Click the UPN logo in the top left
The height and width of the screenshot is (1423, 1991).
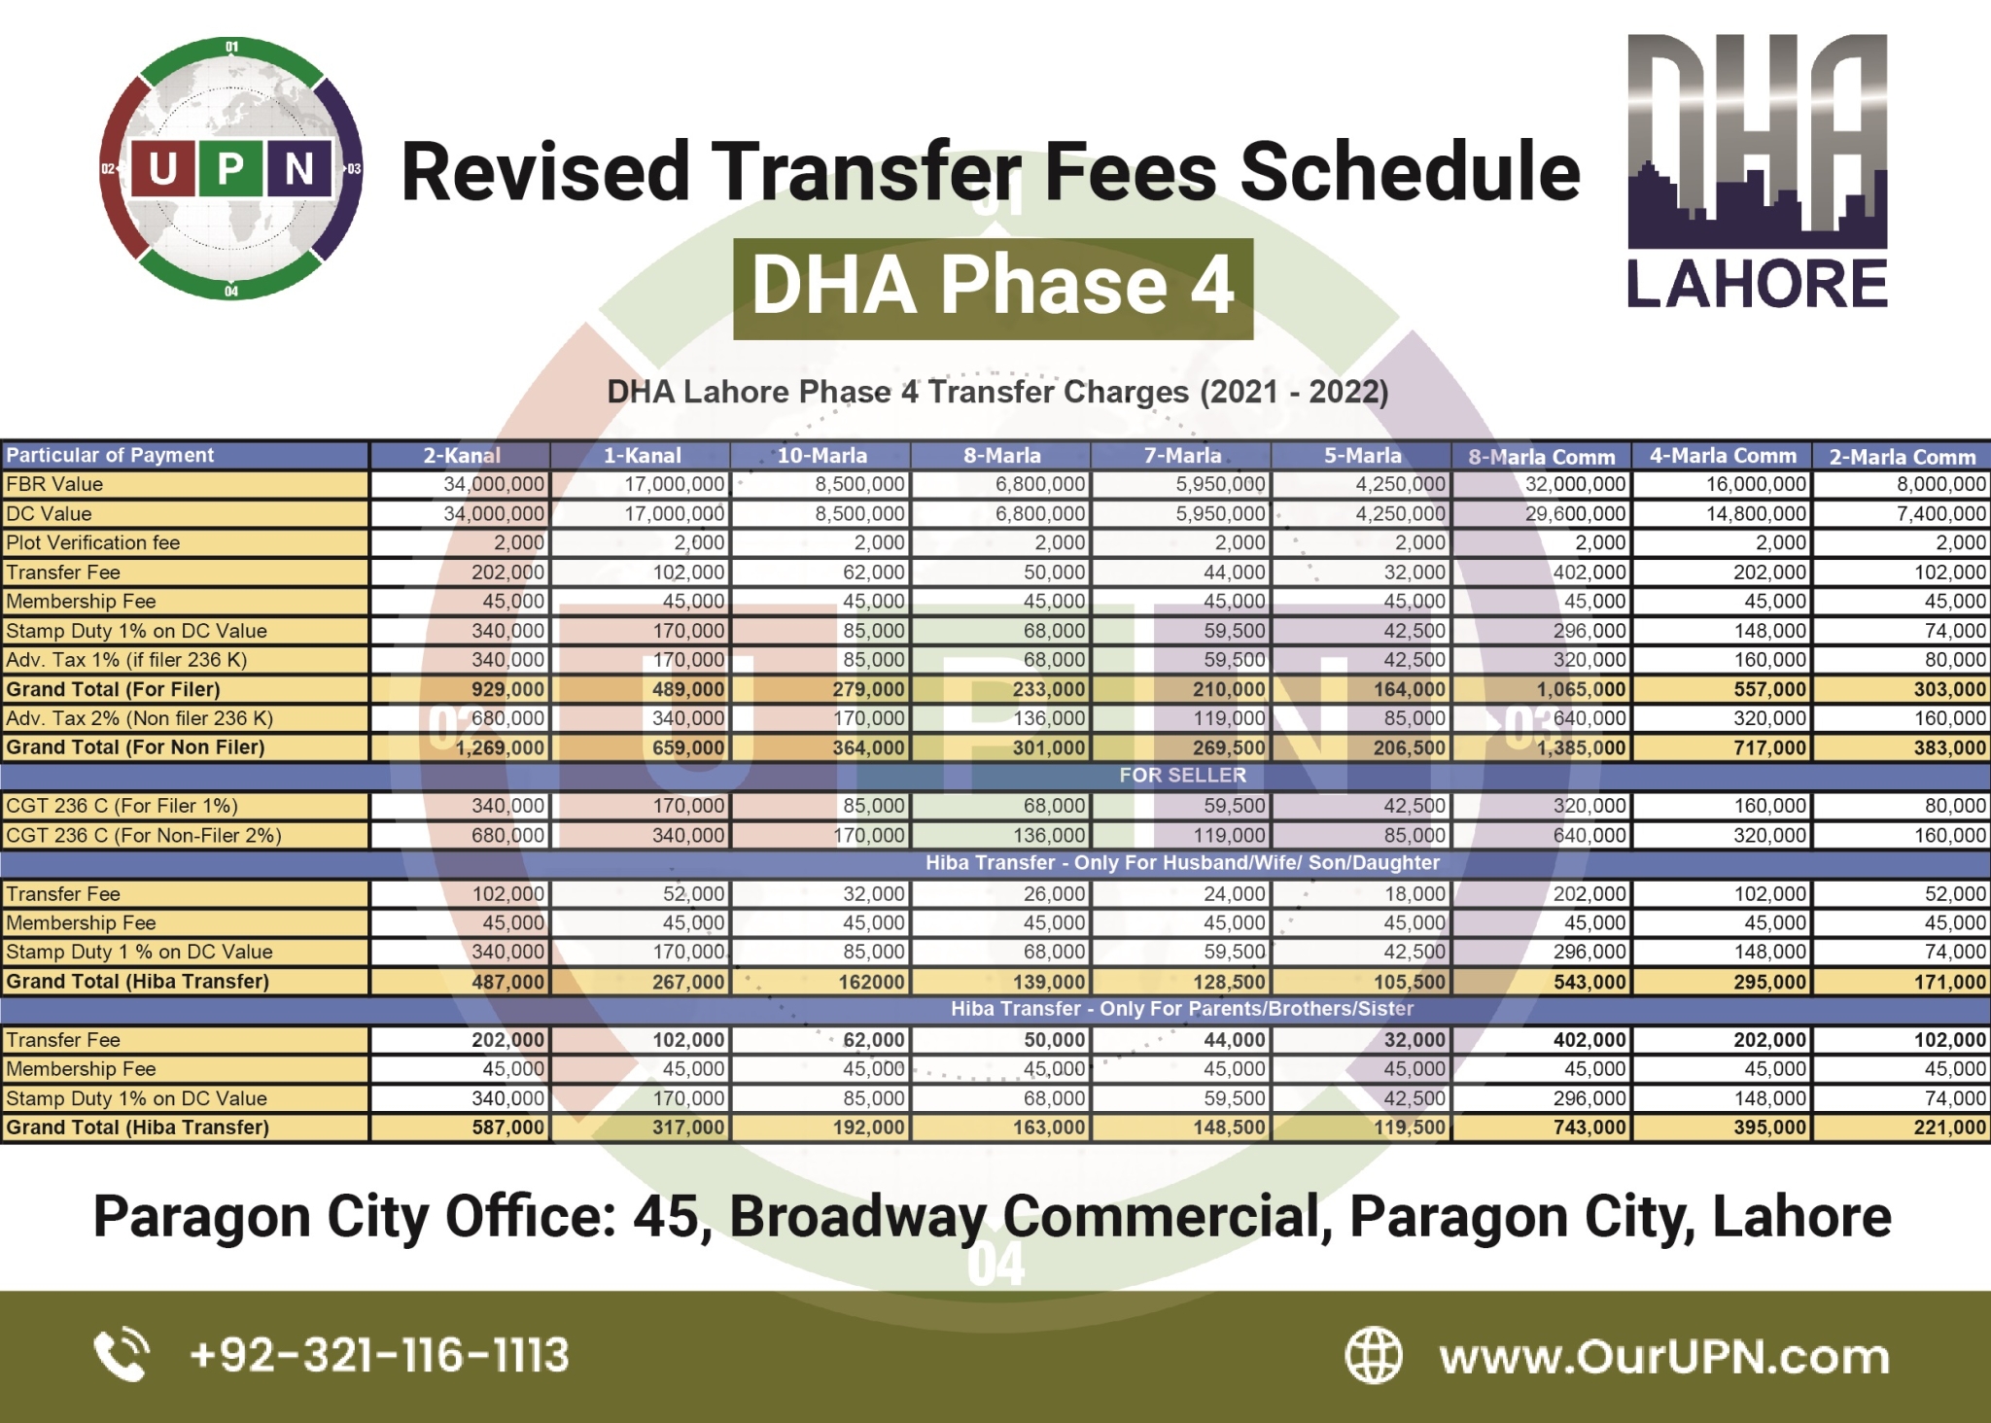pyautogui.click(x=231, y=168)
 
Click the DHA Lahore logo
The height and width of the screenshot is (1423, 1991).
pyautogui.click(x=1757, y=172)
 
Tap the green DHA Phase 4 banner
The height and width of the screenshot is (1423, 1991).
pyautogui.click(x=993, y=288)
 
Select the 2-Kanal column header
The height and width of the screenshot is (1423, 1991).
pyautogui.click(x=461, y=455)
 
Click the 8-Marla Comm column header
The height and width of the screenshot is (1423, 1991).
pyautogui.click(x=1541, y=456)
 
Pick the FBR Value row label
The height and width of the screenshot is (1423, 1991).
pyautogui.click(x=54, y=484)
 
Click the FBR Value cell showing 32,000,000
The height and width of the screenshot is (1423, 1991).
pyautogui.click(x=1574, y=484)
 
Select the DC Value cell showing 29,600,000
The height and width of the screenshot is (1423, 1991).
pyautogui.click(x=1574, y=513)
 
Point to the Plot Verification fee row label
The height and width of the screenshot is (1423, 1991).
pyautogui.click(x=93, y=542)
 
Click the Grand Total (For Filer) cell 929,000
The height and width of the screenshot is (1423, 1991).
pyautogui.click(x=506, y=689)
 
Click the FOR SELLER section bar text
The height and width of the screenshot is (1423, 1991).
pyautogui.click(x=1182, y=776)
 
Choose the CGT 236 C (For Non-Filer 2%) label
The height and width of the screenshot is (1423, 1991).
pyautogui.click(x=144, y=835)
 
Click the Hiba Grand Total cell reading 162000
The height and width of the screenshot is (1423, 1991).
pyautogui.click(x=871, y=982)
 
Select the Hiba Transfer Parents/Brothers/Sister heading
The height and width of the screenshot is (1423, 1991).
pyautogui.click(x=1181, y=1009)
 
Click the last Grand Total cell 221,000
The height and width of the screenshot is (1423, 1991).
pyautogui.click(x=1949, y=1128)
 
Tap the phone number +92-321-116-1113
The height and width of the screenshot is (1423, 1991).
pyautogui.click(x=379, y=1355)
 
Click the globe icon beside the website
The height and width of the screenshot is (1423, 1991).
pyautogui.click(x=1373, y=1355)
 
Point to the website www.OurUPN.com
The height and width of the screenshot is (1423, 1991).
pyautogui.click(x=1663, y=1356)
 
